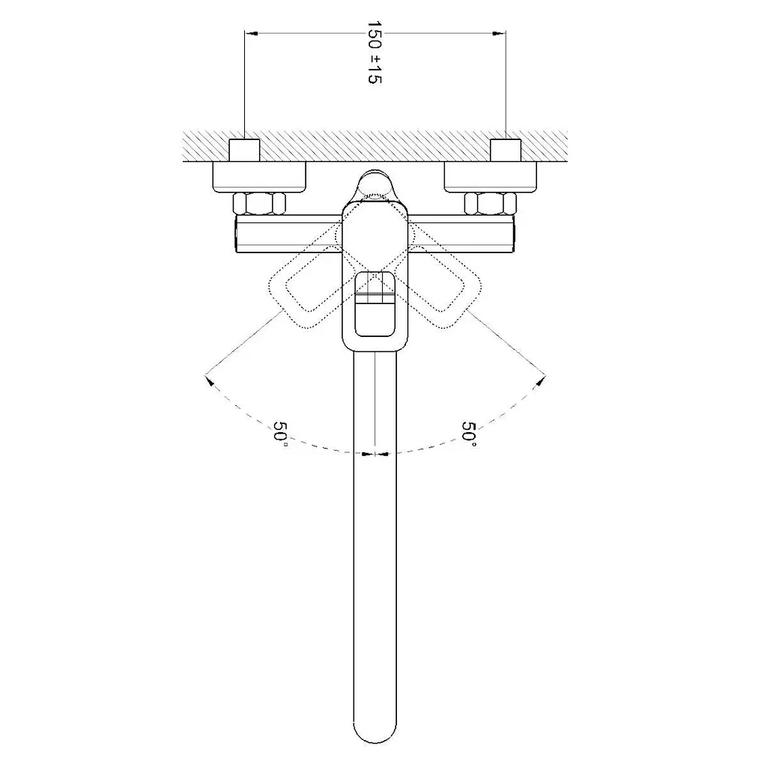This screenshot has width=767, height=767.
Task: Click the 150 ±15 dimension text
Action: (x=375, y=52)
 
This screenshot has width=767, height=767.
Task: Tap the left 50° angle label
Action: (x=281, y=431)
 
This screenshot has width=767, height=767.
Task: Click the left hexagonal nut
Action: (x=259, y=204)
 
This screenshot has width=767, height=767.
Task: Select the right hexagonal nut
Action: (x=490, y=204)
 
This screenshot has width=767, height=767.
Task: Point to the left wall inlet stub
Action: (x=245, y=150)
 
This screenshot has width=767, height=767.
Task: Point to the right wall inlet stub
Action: (x=506, y=150)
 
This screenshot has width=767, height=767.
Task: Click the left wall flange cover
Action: (x=259, y=177)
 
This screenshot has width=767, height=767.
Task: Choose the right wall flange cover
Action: (x=490, y=177)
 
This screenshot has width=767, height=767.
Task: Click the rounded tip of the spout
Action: (x=375, y=734)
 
